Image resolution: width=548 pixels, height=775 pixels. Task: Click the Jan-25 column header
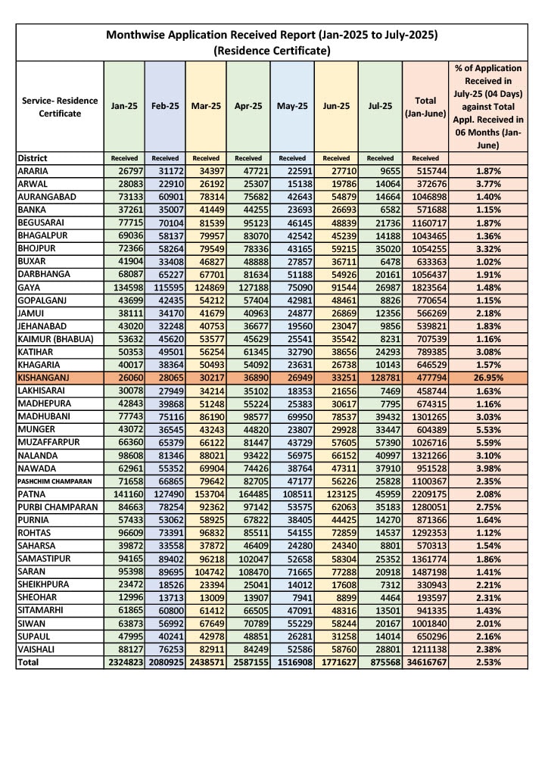(124, 107)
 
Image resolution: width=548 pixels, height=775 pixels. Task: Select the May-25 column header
(292, 107)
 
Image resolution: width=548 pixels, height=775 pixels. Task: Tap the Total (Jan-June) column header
(425, 107)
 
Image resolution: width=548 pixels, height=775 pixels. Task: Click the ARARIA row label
(36, 172)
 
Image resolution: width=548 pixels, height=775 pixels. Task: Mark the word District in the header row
(33, 159)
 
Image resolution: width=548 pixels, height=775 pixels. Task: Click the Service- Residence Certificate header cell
(59, 107)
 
